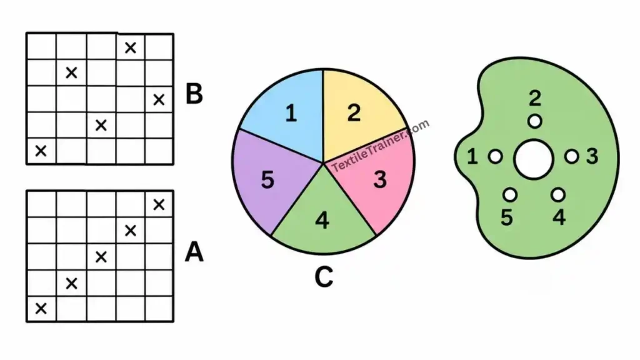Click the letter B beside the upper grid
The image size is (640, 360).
(194, 94)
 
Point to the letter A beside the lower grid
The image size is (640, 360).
(194, 252)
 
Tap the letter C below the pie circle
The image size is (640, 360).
(324, 277)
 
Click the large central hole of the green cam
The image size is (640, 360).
(534, 159)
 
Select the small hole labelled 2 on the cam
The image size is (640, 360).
(535, 121)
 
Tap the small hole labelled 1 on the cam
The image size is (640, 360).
(496, 156)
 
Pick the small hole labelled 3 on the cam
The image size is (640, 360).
(572, 156)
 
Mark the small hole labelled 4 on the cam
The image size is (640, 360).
(558, 195)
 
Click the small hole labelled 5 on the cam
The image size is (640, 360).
(510, 195)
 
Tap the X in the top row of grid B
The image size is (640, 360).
(130, 47)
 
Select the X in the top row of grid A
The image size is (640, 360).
(159, 204)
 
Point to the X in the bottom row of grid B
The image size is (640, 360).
(41, 151)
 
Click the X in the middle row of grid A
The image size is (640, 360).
(101, 257)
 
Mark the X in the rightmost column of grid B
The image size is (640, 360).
(159, 99)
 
